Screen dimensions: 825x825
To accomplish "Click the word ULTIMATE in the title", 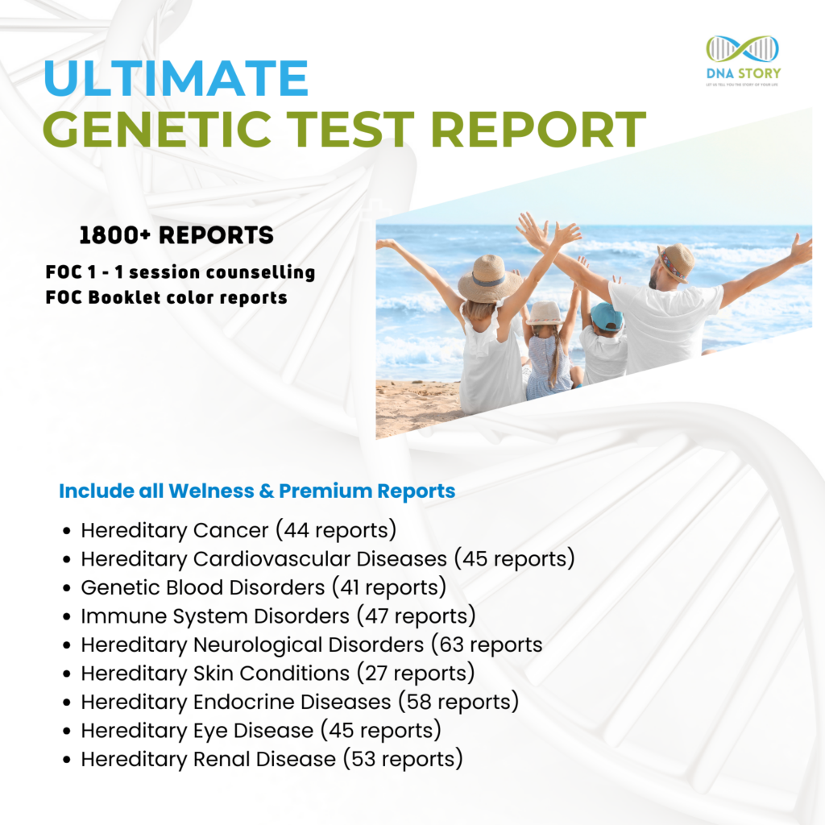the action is (176, 78).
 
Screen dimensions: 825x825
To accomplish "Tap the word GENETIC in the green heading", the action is (157, 130).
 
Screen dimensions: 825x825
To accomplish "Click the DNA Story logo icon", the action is (742, 49).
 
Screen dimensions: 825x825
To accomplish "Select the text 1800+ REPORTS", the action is (176, 235).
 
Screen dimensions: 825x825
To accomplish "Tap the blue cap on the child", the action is (606, 316).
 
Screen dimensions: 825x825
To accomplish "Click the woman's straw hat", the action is (489, 278).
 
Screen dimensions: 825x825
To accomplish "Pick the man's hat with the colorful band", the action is (675, 262).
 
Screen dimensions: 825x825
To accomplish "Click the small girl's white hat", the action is (545, 313).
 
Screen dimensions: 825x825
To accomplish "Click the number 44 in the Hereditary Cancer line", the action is (296, 530).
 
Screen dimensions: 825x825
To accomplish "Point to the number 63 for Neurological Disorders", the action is (451, 645).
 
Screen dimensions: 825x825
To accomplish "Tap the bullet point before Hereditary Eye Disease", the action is (66, 732).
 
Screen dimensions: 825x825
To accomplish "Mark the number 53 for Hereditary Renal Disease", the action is (363, 760).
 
